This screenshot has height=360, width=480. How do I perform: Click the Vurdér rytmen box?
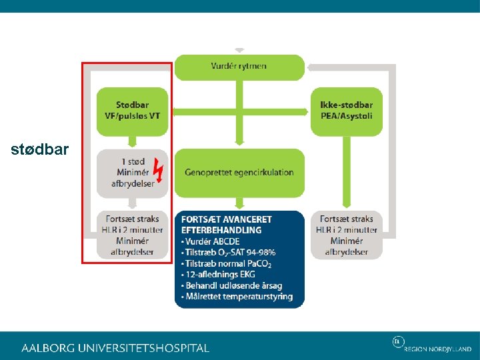pyautogui.click(x=239, y=67)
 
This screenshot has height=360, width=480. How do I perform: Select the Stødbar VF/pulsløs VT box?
pyautogui.click(x=132, y=111)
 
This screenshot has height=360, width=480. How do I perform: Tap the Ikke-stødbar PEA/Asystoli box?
pyautogui.click(x=346, y=111)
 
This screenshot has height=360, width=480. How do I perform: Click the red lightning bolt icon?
pyautogui.click(x=159, y=171)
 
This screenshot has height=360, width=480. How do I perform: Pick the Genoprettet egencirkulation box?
pyautogui.click(x=239, y=172)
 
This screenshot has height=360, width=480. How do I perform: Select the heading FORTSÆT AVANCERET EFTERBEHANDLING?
pyautogui.click(x=226, y=225)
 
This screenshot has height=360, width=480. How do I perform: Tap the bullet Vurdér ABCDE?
pyautogui.click(x=213, y=241)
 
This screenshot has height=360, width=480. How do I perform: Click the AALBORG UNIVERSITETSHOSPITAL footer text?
pyautogui.click(x=115, y=348)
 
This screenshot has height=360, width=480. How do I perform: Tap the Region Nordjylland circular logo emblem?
pyautogui.click(x=398, y=342)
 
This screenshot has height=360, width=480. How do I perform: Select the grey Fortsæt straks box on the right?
pyautogui.click(x=347, y=235)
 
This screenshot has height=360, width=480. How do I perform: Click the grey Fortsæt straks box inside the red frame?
pyautogui.click(x=131, y=235)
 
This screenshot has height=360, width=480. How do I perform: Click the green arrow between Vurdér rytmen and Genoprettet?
pyautogui.click(x=239, y=114)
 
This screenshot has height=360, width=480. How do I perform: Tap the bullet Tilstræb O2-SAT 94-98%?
pyautogui.click(x=228, y=253)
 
